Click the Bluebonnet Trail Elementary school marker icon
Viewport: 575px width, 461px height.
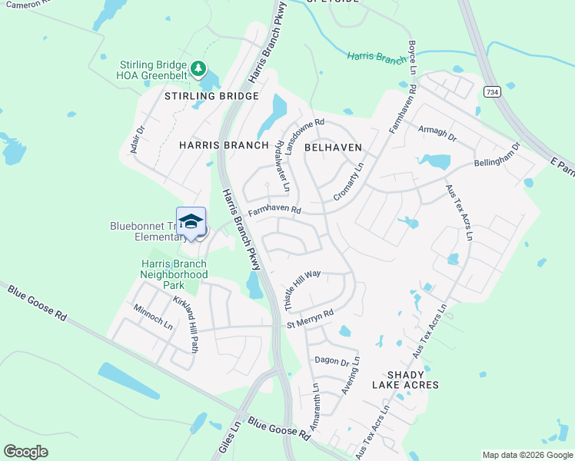point(191,223)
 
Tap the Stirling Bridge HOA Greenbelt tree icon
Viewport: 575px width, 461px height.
point(199,69)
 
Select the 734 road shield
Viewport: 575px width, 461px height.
point(492,91)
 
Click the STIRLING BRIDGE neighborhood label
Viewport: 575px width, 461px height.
point(211,96)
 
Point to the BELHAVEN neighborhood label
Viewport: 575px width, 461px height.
point(333,146)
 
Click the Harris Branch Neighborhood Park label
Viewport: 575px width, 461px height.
point(174,274)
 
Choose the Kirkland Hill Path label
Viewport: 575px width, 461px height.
point(186,324)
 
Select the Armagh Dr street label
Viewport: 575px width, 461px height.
point(437,134)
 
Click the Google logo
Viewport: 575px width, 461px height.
point(26,452)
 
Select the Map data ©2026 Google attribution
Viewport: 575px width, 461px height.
point(527,455)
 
